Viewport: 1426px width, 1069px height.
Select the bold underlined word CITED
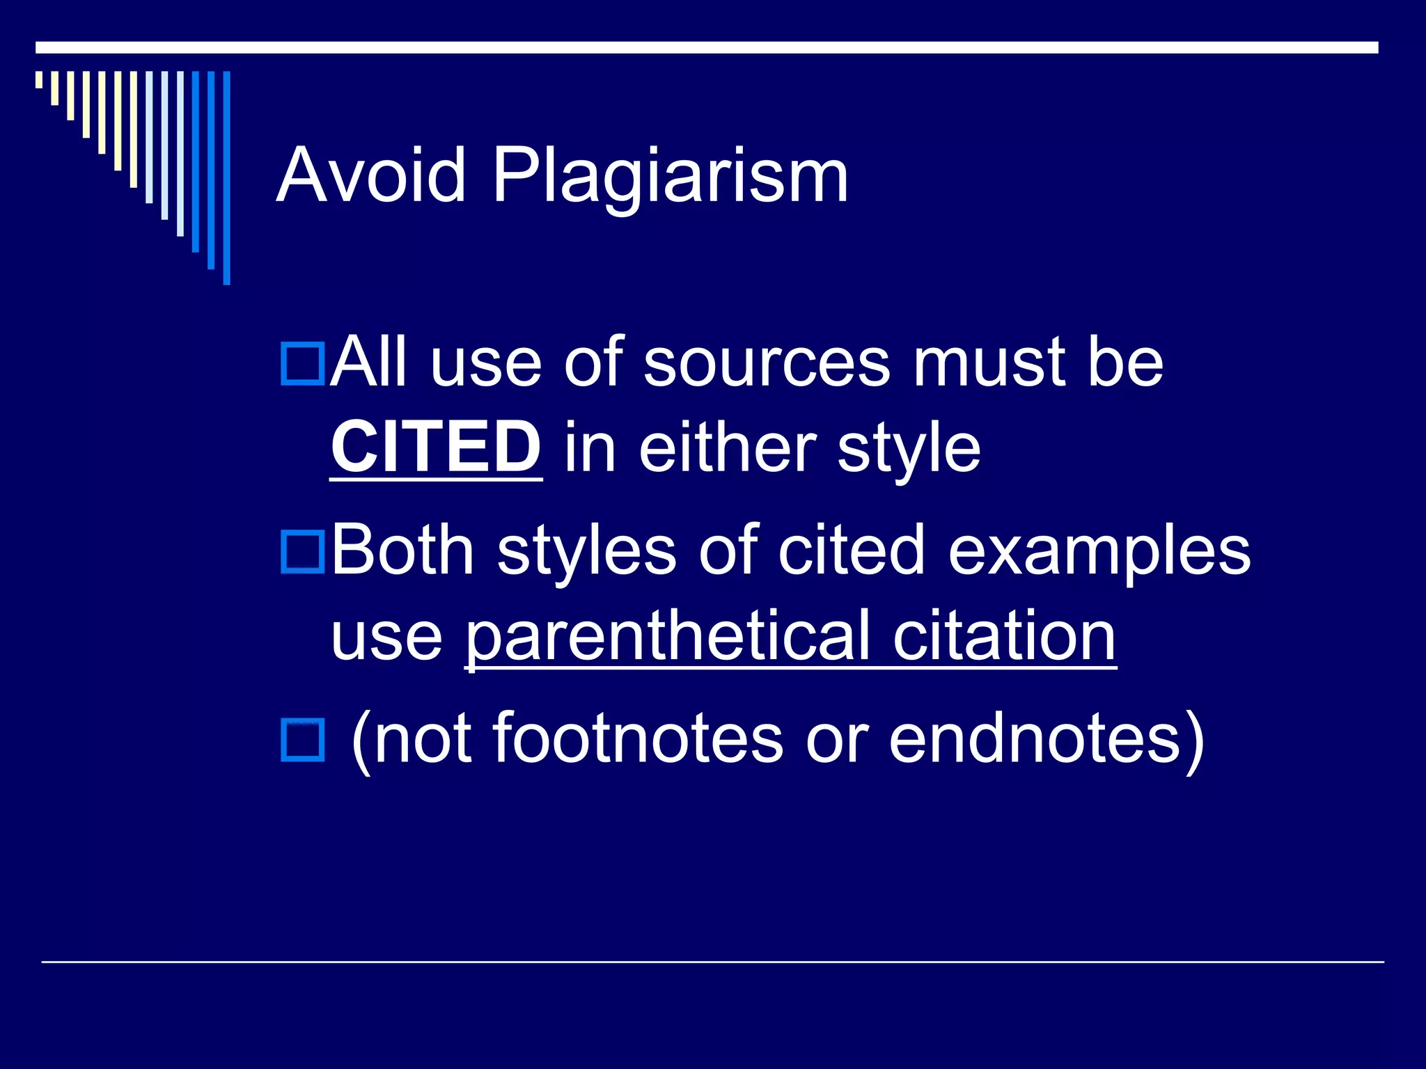click(x=436, y=448)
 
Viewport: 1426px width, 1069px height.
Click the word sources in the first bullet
click(x=767, y=363)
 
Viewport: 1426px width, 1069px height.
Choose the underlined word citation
click(x=1005, y=636)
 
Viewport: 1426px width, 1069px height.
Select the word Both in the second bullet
click(x=402, y=551)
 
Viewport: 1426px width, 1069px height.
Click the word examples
click(x=1099, y=551)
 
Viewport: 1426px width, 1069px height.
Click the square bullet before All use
click(x=303, y=363)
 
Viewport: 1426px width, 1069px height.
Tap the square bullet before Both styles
click(x=303, y=551)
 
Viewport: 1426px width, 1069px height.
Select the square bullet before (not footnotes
click(x=303, y=740)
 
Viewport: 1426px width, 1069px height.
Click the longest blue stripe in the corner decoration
click(x=226, y=177)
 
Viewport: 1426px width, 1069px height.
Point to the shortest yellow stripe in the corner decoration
click(x=39, y=80)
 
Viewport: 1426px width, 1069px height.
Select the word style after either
click(x=909, y=449)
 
